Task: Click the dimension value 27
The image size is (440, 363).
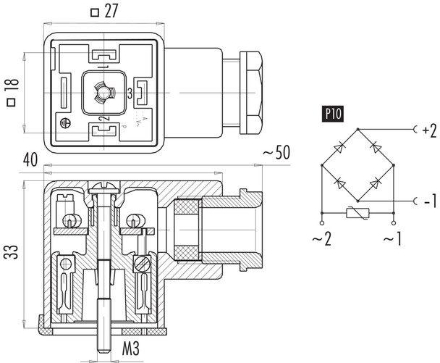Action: tap(111, 12)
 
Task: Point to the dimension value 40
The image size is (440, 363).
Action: tap(29, 159)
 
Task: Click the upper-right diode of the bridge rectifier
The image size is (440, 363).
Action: tap(375, 146)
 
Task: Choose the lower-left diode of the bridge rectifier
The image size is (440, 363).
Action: tap(339, 182)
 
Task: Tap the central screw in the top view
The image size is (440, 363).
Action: tap(103, 91)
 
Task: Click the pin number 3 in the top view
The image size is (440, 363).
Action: tap(129, 92)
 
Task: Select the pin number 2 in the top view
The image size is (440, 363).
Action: tap(103, 119)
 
